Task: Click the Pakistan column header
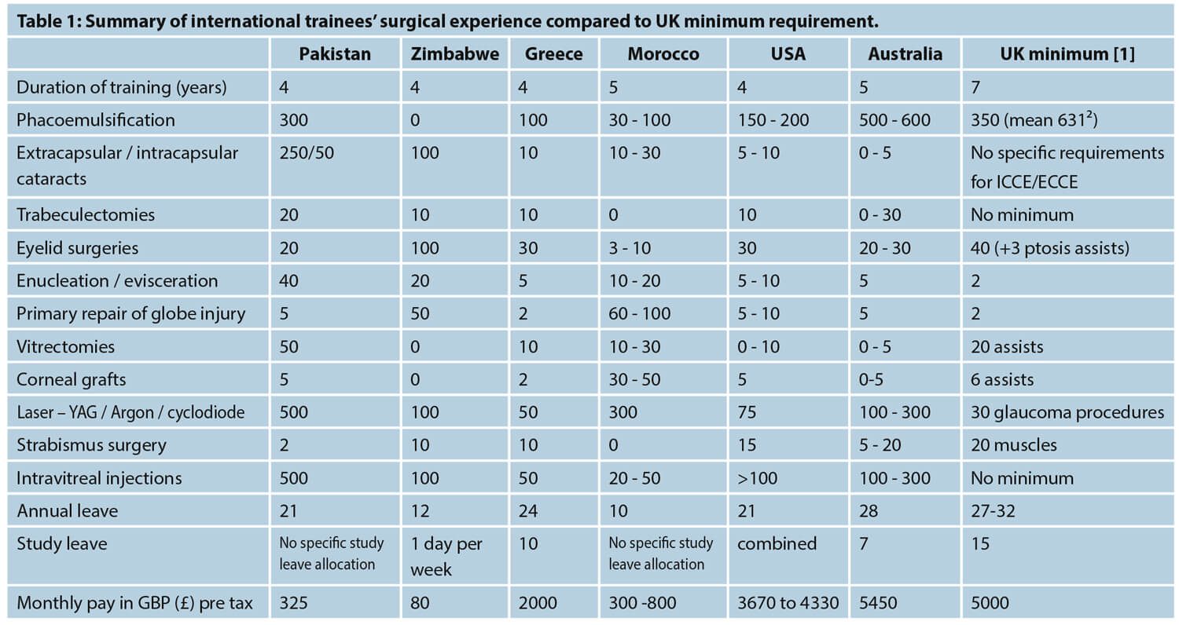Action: pyautogui.click(x=335, y=54)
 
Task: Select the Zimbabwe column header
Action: pyautogui.click(x=454, y=54)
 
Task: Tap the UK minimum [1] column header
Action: pyautogui.click(x=1067, y=54)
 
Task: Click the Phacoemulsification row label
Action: pyautogui.click(x=96, y=120)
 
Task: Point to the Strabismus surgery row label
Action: pyautogui.click(x=91, y=445)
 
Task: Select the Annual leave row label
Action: pyautogui.click(x=68, y=511)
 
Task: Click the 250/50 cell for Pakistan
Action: pyautogui.click(x=307, y=152)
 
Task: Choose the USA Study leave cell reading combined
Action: pyautogui.click(x=777, y=543)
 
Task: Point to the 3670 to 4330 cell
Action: pyautogui.click(x=788, y=604)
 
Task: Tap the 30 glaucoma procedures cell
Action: pyautogui.click(x=1067, y=412)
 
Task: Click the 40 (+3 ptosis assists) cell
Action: pyautogui.click(x=1049, y=248)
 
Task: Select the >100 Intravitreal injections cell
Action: pyautogui.click(x=757, y=478)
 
